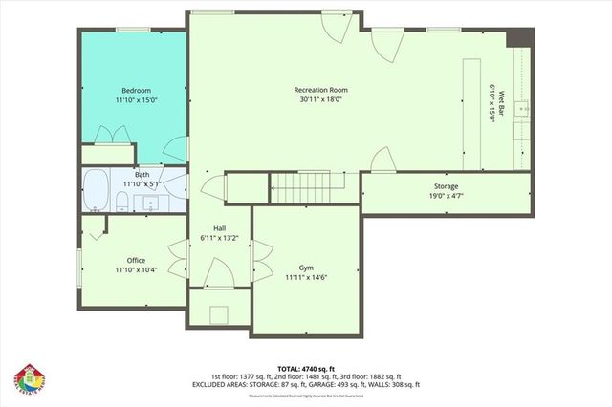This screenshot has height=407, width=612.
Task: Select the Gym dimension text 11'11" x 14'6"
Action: click(306, 277)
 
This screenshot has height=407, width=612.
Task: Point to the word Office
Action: click(137, 260)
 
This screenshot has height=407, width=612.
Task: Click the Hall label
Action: click(219, 227)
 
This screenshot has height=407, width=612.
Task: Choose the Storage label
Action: click(446, 186)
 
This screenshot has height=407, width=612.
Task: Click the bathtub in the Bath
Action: click(97, 189)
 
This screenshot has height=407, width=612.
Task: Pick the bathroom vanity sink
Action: click(150, 202)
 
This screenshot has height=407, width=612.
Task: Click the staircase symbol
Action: click(305, 188)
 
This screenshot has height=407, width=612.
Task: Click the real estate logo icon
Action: click(28, 379)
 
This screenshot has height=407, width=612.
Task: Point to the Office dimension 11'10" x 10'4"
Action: click(137, 269)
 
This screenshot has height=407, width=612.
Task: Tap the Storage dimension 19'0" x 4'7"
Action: click(446, 196)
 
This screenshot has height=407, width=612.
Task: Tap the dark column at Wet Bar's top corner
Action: click(518, 37)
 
